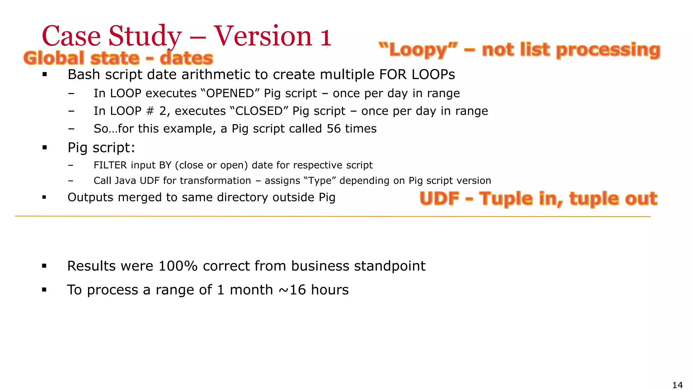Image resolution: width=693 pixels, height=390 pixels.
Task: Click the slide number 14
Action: point(677,385)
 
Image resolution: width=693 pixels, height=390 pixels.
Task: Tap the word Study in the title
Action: point(145,37)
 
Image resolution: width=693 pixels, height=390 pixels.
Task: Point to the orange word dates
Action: point(186,58)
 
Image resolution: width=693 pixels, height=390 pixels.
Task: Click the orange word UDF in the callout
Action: point(439,198)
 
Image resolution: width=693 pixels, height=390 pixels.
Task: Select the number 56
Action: point(334,129)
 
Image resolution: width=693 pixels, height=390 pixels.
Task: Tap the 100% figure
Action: point(178,266)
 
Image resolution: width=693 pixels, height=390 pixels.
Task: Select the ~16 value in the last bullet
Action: point(292,290)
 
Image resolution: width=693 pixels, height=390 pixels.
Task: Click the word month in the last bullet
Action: point(251,290)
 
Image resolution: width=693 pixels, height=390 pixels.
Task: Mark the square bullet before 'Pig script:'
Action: point(44,147)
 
